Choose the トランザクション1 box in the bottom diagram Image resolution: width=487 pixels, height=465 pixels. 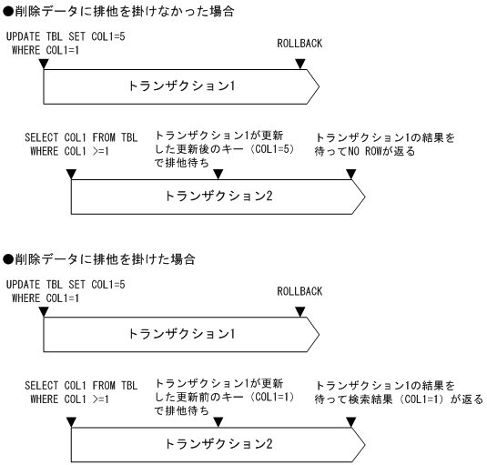coord(182,334)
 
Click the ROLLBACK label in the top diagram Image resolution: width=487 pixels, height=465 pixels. coord(299,44)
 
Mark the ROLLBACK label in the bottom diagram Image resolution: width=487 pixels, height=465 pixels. coord(299,291)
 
